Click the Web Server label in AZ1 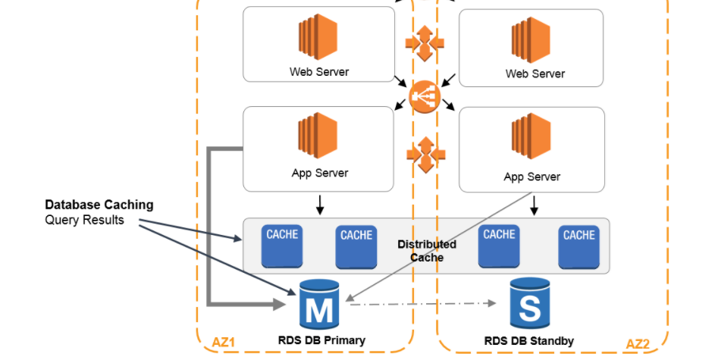(319, 72)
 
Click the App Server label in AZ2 (531, 177)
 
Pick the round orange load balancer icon (425, 97)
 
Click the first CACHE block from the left (282, 246)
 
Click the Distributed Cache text (427, 251)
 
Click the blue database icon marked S (529, 303)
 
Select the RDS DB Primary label (321, 340)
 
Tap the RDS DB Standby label (529, 341)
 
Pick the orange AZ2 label (638, 344)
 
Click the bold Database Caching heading (99, 205)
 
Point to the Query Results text (84, 221)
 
